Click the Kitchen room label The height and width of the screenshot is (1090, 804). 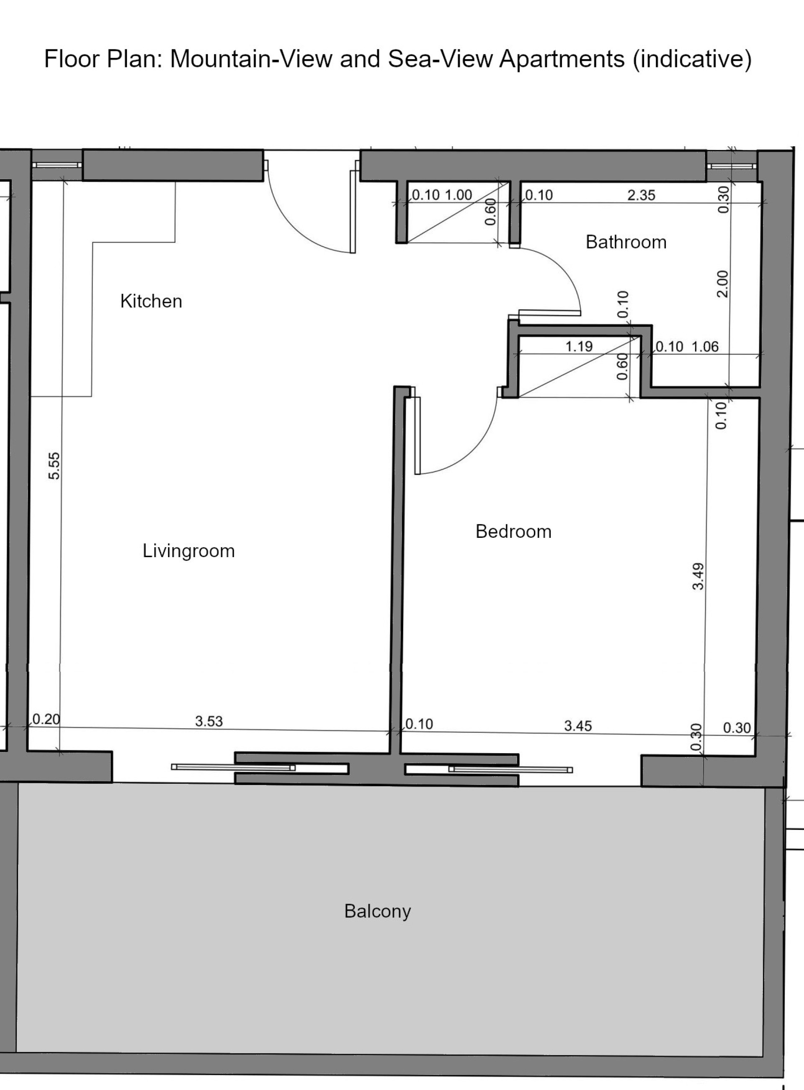coord(151,301)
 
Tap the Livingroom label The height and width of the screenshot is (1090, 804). coord(189,551)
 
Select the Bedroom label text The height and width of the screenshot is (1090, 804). coord(513,532)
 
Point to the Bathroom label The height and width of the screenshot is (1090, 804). coord(626,242)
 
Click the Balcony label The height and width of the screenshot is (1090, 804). coord(378,911)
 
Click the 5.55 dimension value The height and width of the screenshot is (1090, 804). coord(54,466)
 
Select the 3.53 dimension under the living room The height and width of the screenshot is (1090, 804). coord(209,721)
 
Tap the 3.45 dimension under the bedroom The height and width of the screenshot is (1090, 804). coord(578,726)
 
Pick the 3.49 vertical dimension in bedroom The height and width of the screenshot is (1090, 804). coord(698,576)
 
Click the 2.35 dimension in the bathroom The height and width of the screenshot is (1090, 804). coord(642,195)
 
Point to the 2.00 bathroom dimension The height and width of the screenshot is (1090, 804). coord(723,284)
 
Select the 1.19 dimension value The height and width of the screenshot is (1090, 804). coord(579,346)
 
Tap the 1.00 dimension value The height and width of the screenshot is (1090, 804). coord(459,195)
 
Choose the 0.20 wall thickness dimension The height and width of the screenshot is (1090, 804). coord(46,719)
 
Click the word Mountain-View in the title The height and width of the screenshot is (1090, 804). coord(251,59)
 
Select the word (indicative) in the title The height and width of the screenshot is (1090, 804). coord(693,59)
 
